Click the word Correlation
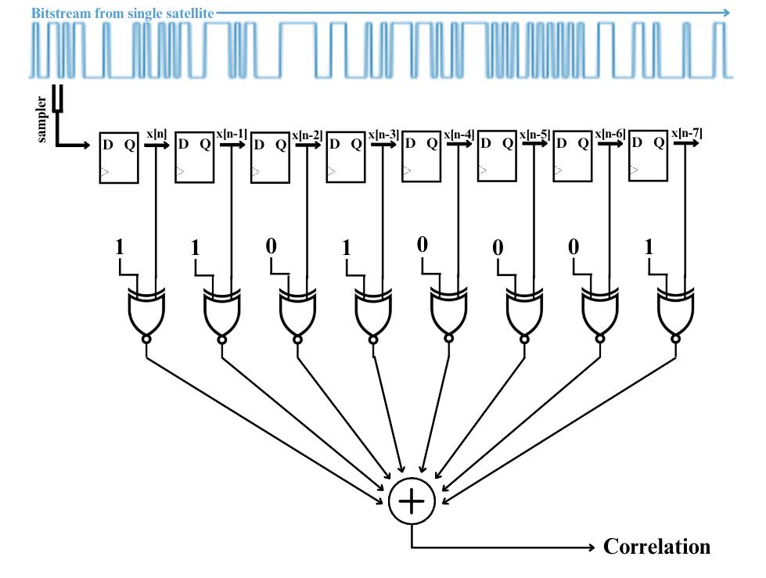(x=656, y=547)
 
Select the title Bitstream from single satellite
(x=122, y=13)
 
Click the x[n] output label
(x=156, y=135)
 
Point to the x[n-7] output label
(x=686, y=134)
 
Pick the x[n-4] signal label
(x=459, y=135)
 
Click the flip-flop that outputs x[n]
(x=119, y=158)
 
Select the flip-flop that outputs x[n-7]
(x=649, y=157)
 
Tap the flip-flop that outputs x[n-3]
(x=346, y=157)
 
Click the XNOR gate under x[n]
(x=146, y=313)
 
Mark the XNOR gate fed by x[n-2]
(x=297, y=313)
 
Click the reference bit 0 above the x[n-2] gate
(x=272, y=246)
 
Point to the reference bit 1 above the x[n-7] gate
(x=649, y=248)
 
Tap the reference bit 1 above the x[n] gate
(x=120, y=248)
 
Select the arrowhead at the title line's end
(x=725, y=13)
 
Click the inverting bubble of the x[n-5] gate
(x=524, y=339)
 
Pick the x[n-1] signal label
(x=232, y=135)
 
